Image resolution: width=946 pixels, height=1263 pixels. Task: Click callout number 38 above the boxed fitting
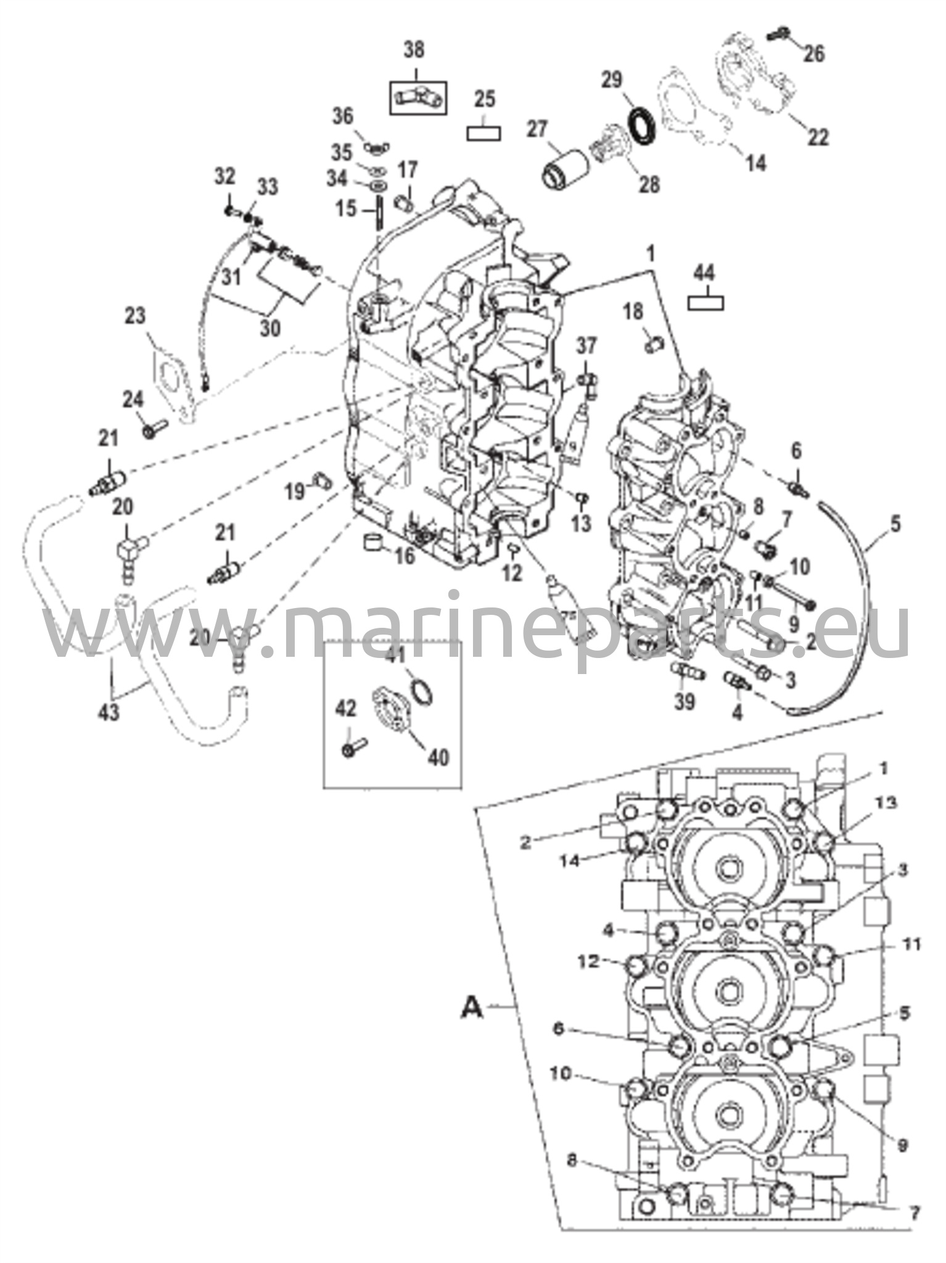tap(414, 49)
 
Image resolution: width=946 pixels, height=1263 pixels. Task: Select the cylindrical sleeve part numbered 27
tap(562, 165)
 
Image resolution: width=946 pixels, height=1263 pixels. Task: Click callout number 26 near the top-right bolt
tap(814, 54)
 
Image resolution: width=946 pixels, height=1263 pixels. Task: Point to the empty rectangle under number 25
tap(483, 133)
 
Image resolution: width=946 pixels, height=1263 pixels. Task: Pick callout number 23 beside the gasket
tap(136, 316)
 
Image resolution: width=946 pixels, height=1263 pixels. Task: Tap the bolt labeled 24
tap(155, 430)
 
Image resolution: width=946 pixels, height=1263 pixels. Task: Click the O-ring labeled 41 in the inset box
tap(421, 693)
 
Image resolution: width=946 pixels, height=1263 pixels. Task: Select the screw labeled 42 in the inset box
tap(353, 748)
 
